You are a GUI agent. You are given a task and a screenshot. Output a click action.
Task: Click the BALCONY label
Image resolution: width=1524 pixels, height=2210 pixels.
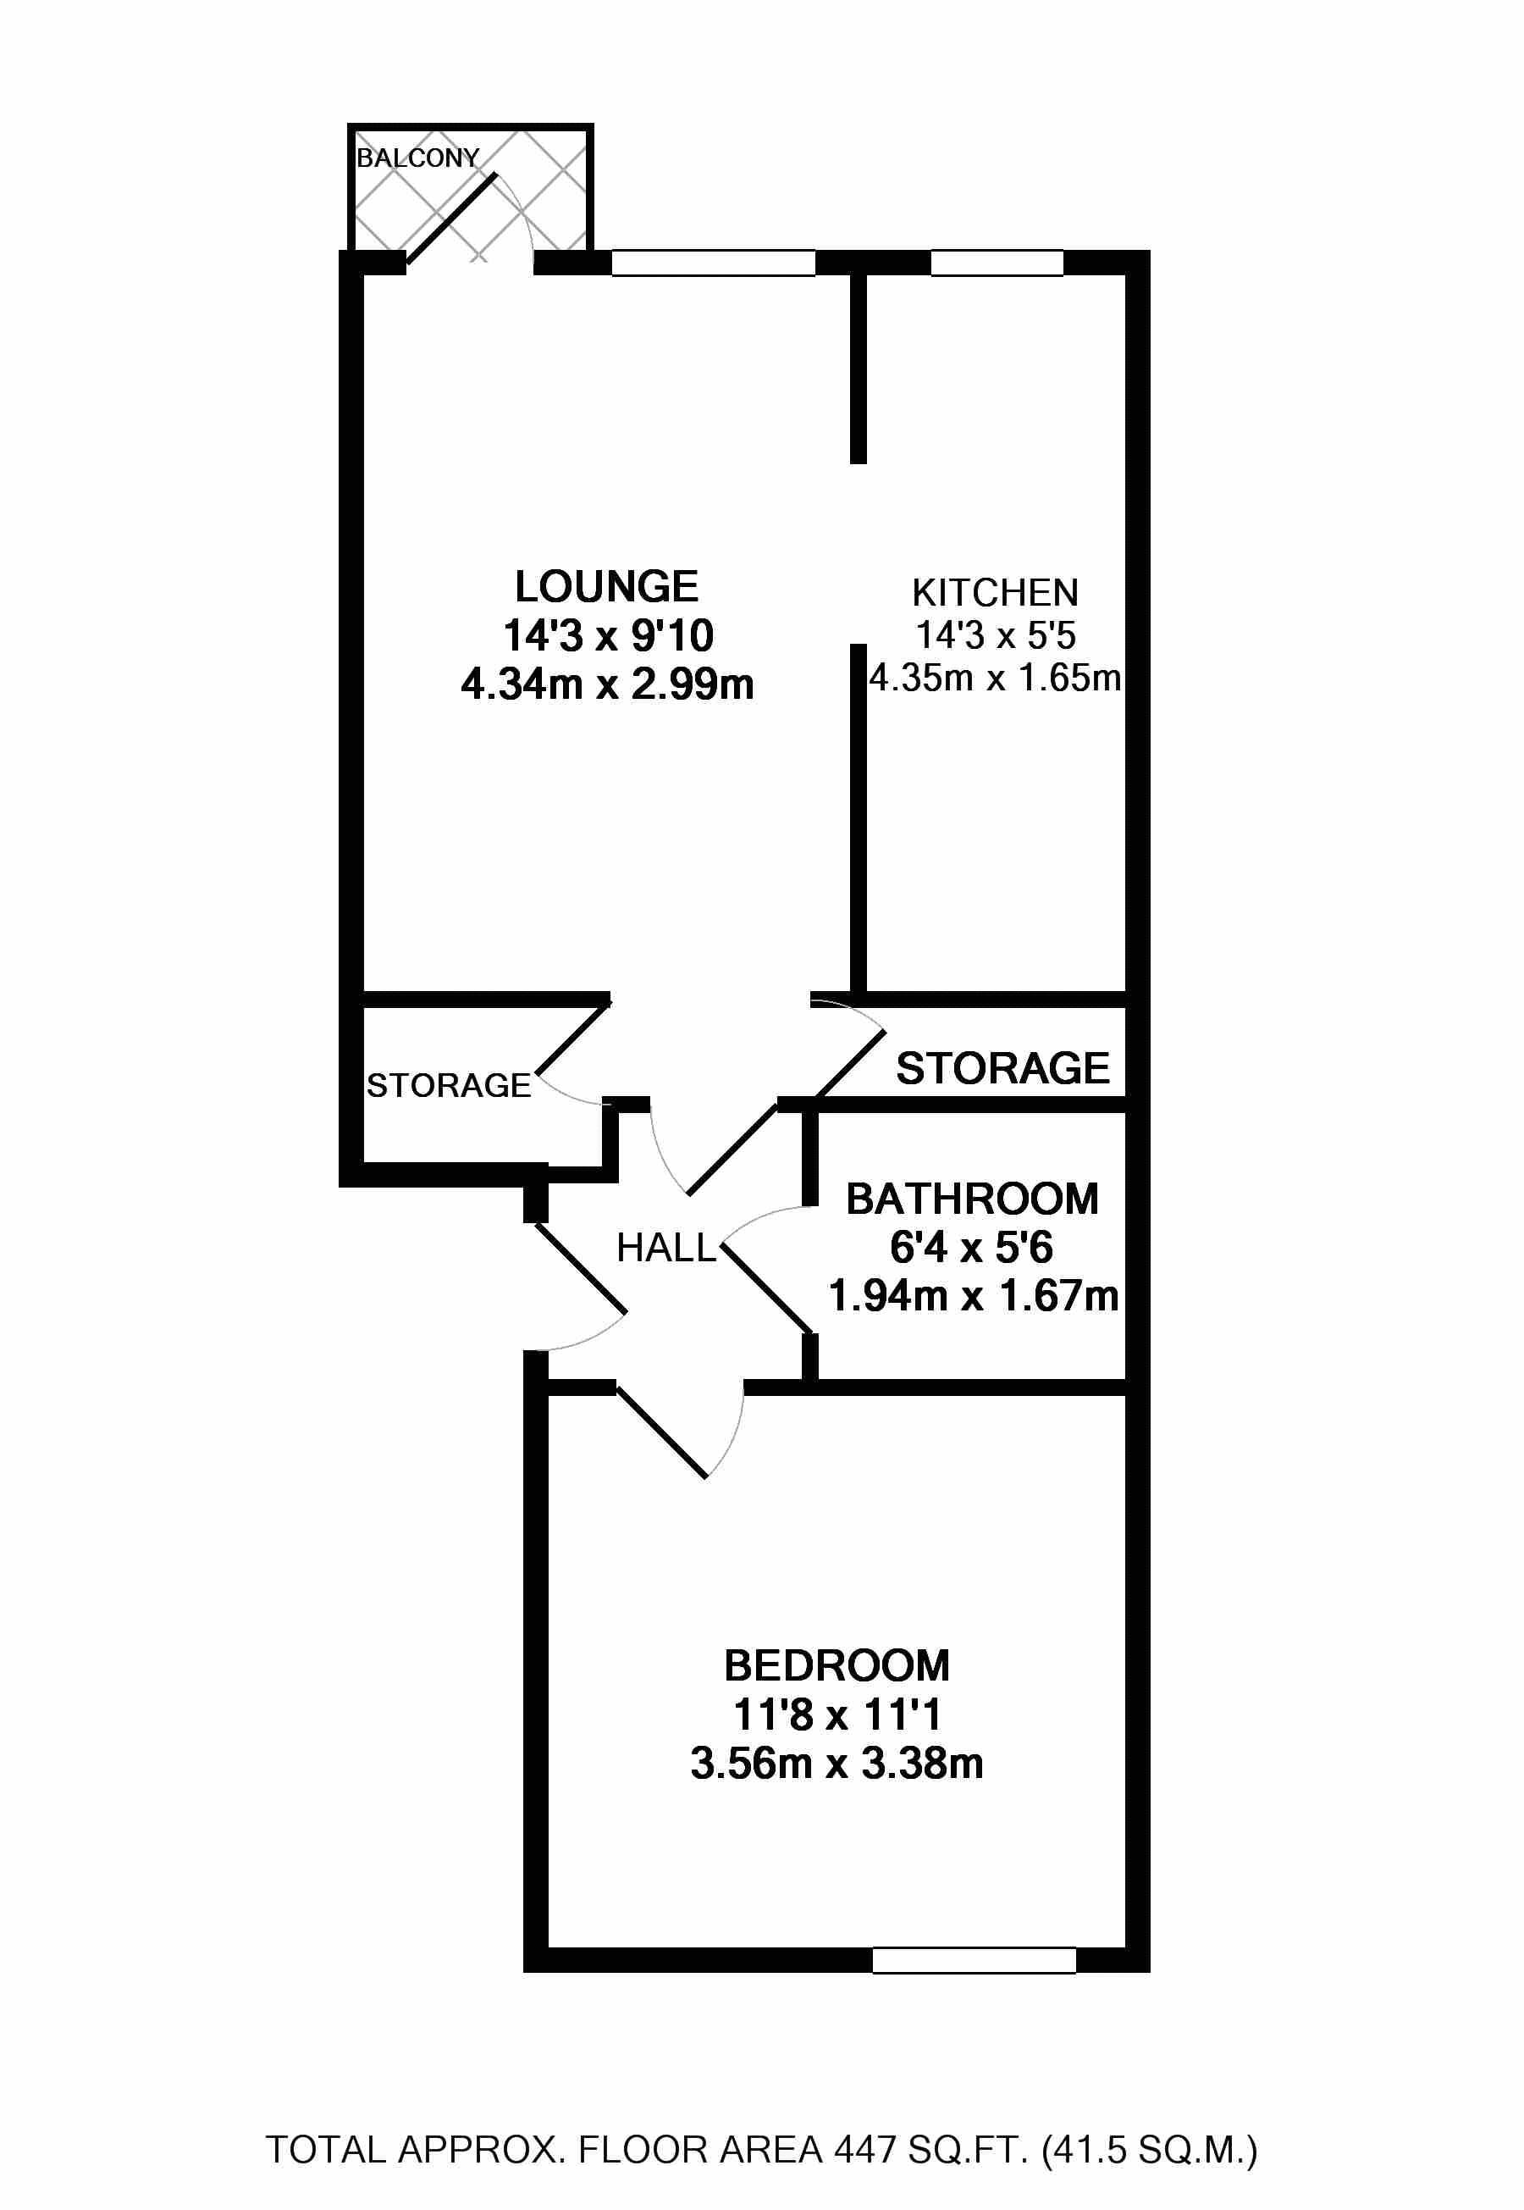point(417,158)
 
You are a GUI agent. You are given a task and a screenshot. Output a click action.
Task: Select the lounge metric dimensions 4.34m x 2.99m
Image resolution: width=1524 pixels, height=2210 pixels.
point(607,684)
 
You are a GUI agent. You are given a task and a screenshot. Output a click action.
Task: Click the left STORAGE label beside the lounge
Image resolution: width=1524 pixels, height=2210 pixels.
point(449,1086)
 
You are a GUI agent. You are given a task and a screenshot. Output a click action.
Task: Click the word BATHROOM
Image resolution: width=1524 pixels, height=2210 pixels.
point(972,1199)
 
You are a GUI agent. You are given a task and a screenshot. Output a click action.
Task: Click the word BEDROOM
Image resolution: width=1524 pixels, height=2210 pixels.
point(837,1665)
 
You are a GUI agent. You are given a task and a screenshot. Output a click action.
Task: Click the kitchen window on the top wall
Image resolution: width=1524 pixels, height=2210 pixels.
point(997,263)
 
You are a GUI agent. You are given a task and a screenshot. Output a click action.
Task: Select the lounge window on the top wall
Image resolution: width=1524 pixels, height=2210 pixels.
point(713,263)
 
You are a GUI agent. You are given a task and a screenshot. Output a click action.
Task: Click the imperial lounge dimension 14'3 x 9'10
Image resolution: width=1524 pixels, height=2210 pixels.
point(607,636)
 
